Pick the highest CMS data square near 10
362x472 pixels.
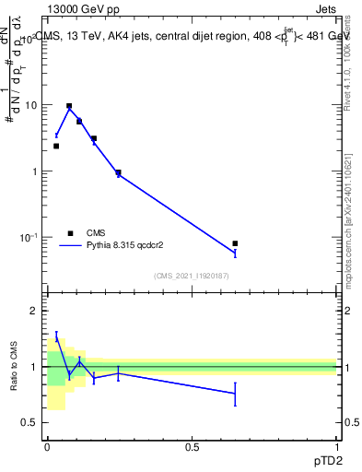pyautogui.click(x=69, y=106)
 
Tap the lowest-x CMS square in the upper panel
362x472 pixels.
pyautogui.click(x=56, y=146)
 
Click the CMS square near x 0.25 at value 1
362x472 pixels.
pyautogui.click(x=118, y=172)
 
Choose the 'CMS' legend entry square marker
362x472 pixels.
pyautogui.click(x=69, y=233)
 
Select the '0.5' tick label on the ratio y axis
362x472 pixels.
pyautogui.click(x=29, y=422)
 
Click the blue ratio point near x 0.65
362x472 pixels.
pyautogui.click(x=235, y=394)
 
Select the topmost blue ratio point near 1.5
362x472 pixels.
pyautogui.click(x=56, y=338)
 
